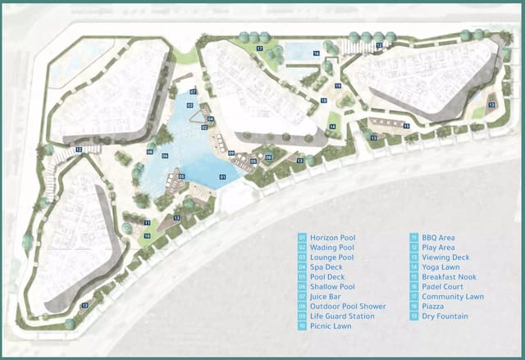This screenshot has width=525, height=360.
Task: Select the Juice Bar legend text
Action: coord(325,296)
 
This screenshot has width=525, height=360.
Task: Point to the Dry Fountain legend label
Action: coord(447,316)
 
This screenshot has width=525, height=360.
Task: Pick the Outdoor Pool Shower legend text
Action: coord(343,306)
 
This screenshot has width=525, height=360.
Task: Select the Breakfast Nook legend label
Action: coord(450,276)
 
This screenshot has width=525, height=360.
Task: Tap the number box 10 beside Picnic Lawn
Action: coord(302,326)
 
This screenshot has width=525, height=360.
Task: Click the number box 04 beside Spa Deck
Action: coord(302,267)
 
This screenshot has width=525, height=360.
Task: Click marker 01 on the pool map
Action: coord(222,176)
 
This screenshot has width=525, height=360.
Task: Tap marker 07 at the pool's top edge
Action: coord(193,92)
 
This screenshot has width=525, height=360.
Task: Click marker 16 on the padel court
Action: coord(316,53)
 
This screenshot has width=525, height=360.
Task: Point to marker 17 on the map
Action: coord(258,49)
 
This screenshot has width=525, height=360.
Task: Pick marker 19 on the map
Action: coord(337,85)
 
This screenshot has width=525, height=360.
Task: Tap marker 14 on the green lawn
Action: coord(332,126)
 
